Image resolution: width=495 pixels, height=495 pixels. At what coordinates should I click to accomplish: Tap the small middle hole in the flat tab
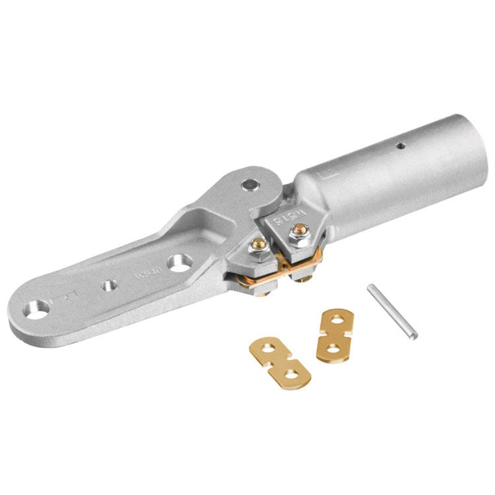coord(110,285)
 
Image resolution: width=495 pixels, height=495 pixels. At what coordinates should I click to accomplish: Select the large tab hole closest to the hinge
coord(180,263)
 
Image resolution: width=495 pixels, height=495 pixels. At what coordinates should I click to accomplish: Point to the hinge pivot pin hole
coord(250,184)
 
